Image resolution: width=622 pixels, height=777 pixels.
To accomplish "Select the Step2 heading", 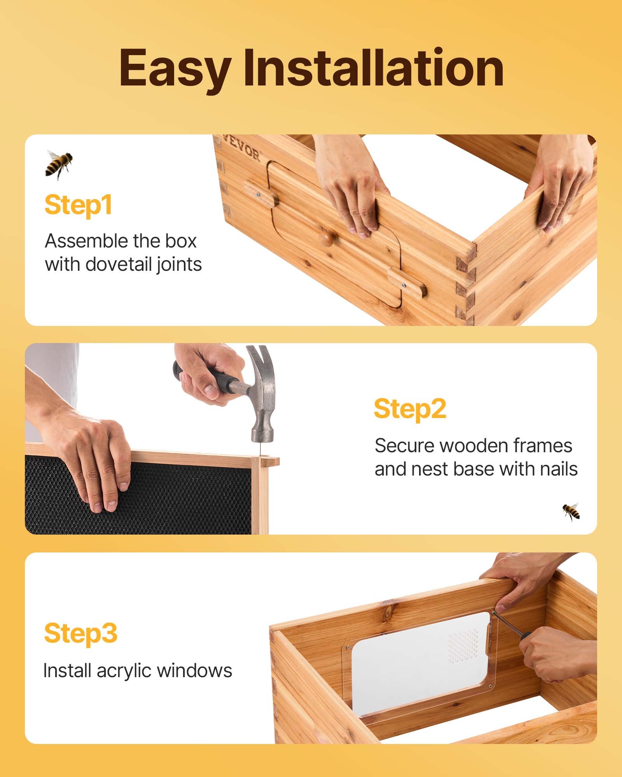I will tap(410, 409).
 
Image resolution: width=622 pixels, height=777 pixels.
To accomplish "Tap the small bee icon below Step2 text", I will tap(571, 511).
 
